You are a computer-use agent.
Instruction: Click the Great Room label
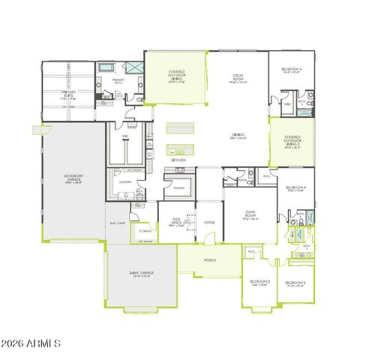237,76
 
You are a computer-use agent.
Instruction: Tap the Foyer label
209,222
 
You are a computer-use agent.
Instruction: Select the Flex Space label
177,223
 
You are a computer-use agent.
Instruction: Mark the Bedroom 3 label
295,283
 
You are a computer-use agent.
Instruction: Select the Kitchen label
178,160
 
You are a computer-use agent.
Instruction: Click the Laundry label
126,181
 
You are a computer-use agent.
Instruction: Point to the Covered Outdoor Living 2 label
292,142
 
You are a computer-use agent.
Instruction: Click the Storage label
145,231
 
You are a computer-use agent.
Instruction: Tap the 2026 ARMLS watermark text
31,343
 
